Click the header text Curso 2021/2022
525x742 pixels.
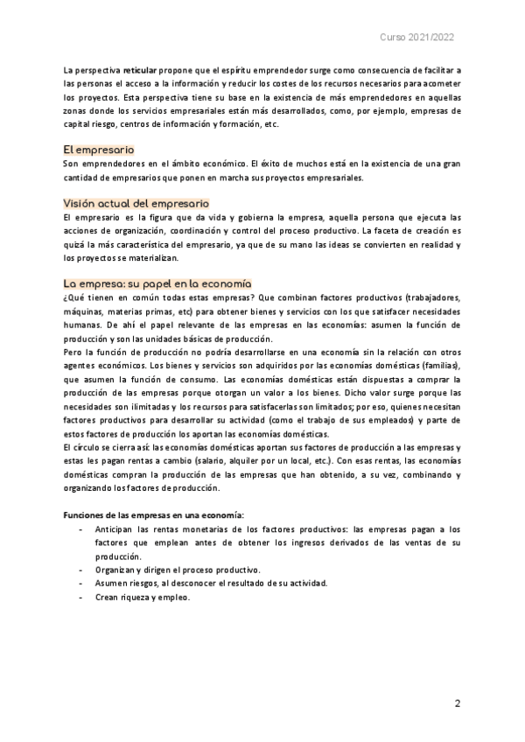[416, 38]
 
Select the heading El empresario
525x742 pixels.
[99, 150]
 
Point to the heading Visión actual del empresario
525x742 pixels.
[136, 203]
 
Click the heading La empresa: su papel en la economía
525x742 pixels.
[157, 283]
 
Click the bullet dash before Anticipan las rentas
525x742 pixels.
[81, 530]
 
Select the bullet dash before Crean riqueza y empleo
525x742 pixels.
[81, 597]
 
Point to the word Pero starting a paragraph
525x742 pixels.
[74, 353]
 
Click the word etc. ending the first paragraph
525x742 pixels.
[270, 124]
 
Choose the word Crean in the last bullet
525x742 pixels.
[108, 597]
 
